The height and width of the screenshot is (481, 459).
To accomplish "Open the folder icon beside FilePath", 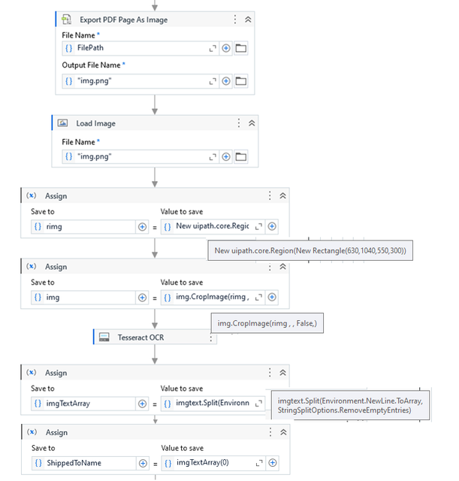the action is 240,48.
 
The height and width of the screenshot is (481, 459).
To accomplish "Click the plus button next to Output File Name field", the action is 226,81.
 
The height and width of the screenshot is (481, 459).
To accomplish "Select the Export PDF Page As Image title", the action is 123,20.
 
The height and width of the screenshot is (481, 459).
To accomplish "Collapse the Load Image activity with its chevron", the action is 252,123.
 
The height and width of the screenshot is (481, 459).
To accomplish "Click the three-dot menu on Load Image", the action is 239,123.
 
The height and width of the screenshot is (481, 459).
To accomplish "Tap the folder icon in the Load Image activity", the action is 240,157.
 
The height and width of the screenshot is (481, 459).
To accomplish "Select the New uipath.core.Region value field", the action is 213,226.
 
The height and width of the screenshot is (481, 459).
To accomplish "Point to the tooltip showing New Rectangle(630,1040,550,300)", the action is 310,250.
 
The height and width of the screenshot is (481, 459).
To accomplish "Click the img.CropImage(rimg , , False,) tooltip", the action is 267,323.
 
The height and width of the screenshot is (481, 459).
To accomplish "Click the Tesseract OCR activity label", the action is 141,337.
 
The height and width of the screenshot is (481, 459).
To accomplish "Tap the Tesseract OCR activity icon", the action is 104,337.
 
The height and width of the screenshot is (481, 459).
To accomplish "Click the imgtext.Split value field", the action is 213,403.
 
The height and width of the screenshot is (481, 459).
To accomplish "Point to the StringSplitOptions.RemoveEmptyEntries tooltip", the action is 350,405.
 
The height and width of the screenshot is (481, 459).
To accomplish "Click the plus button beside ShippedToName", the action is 143,463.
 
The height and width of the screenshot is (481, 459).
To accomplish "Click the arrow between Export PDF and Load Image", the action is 155,104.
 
